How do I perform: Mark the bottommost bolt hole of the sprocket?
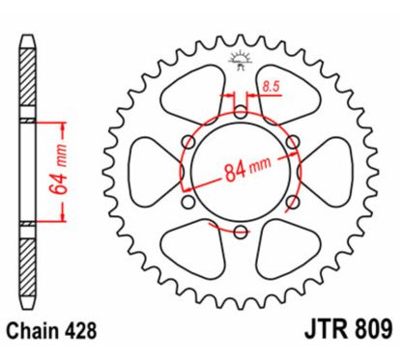[238, 229]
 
